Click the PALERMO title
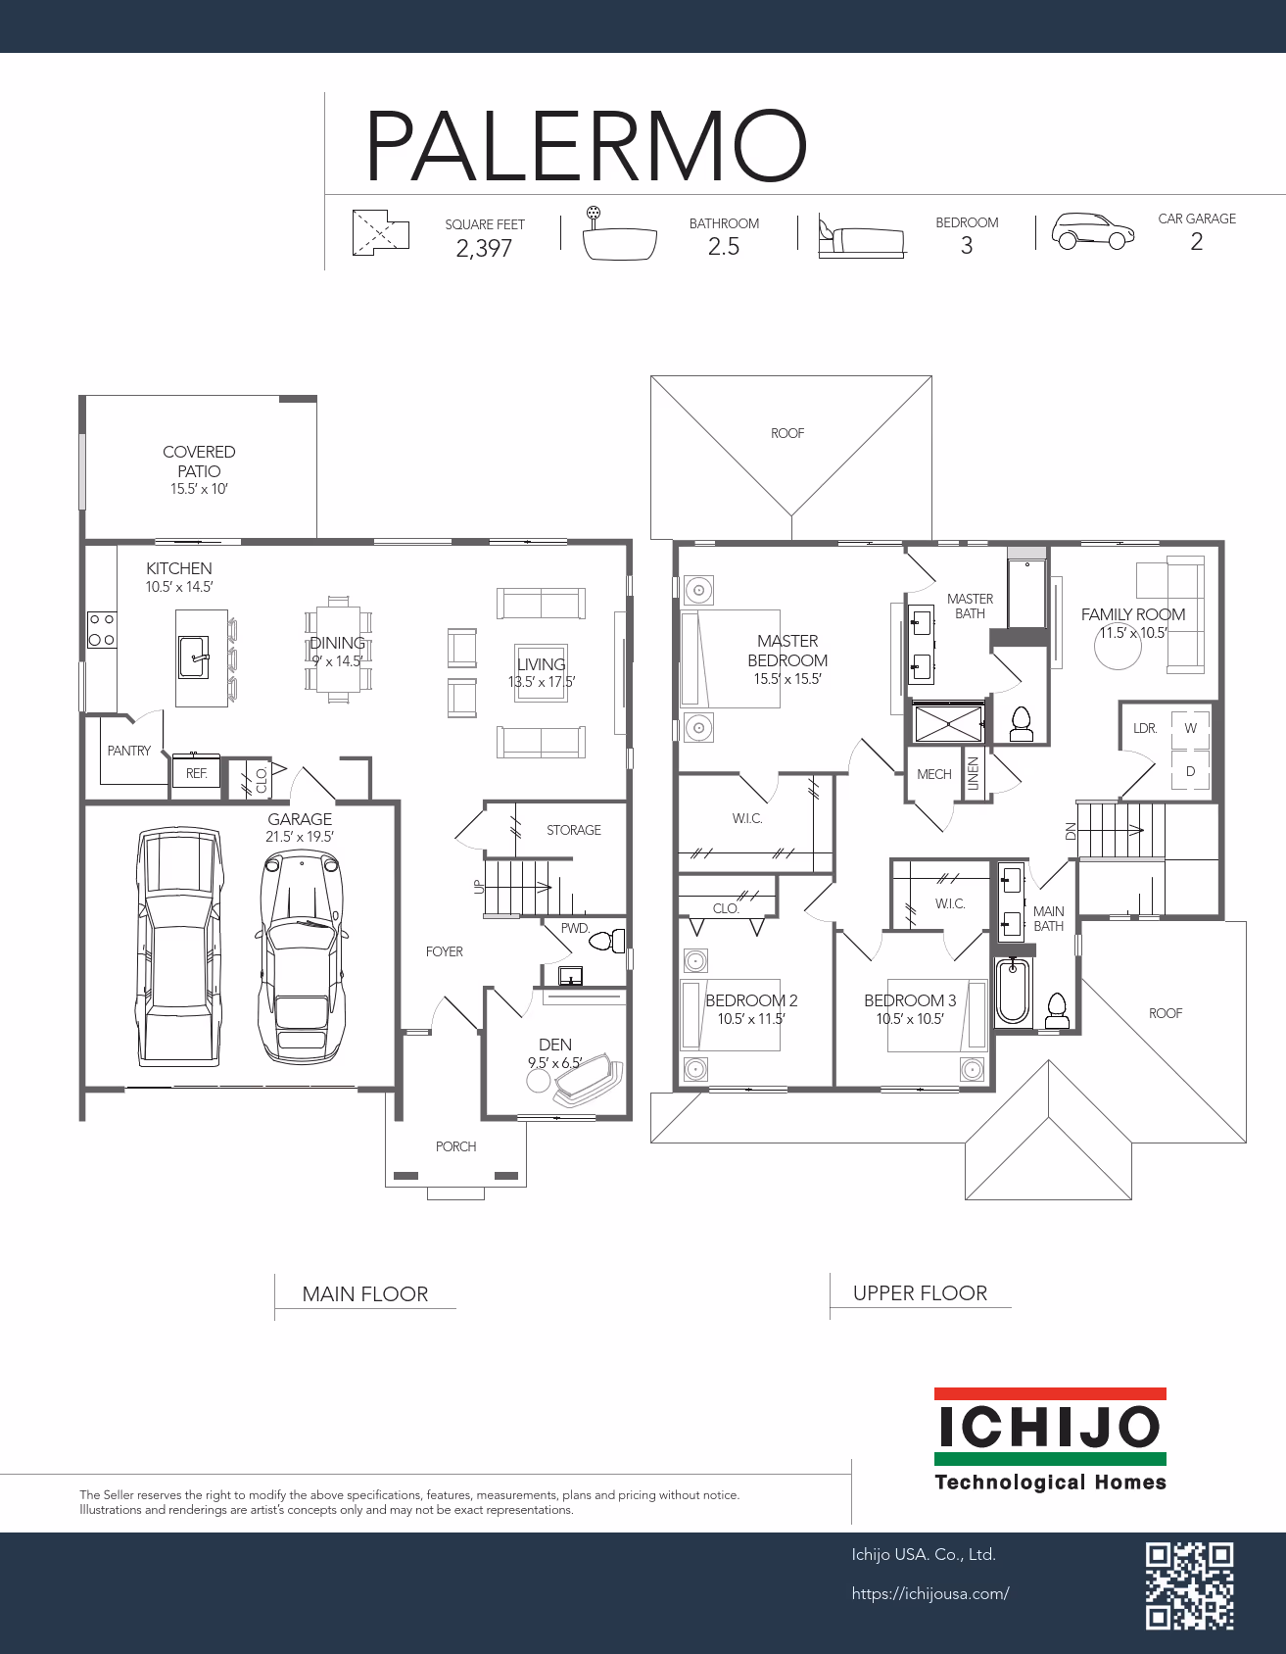tap(587, 146)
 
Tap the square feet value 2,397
tap(484, 248)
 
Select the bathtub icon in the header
tap(619, 235)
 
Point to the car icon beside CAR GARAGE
tap(1093, 232)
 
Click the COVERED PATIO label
tap(199, 461)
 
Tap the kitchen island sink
tap(194, 657)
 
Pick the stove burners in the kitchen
tap(102, 629)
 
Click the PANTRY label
tap(129, 751)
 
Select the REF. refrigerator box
tap(196, 772)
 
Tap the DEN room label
tap(555, 1045)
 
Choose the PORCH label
tap(456, 1146)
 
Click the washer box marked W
tap(1191, 728)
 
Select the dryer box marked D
tap(1191, 771)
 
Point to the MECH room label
tap(934, 774)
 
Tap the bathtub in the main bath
tap(1012, 992)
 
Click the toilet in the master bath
tap(1021, 723)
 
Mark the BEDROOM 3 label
tap(910, 1000)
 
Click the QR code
tap(1190, 1586)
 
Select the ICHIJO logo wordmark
tap(1049, 1429)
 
